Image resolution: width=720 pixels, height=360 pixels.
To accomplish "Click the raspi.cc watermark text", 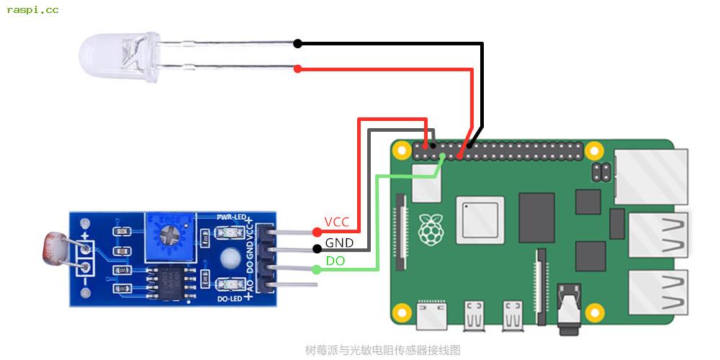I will coord(32,10).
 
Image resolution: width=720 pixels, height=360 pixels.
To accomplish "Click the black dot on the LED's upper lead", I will coord(297,44).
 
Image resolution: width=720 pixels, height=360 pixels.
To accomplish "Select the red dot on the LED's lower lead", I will coord(297,69).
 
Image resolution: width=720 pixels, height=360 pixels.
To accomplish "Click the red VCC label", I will coord(337,222).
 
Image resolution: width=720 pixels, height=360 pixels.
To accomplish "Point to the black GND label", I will coord(339,243).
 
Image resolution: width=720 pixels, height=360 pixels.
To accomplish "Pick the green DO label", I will coord(336,261).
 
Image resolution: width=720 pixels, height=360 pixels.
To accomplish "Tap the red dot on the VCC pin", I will coord(317,232).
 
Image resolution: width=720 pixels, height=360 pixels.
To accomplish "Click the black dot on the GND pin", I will coord(317,249).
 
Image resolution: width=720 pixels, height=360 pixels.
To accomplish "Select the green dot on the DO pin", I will coord(317,270).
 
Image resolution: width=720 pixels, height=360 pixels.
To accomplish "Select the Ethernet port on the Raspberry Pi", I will coord(652,174).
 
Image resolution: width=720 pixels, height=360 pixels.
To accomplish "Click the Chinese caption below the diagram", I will coord(382,351).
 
